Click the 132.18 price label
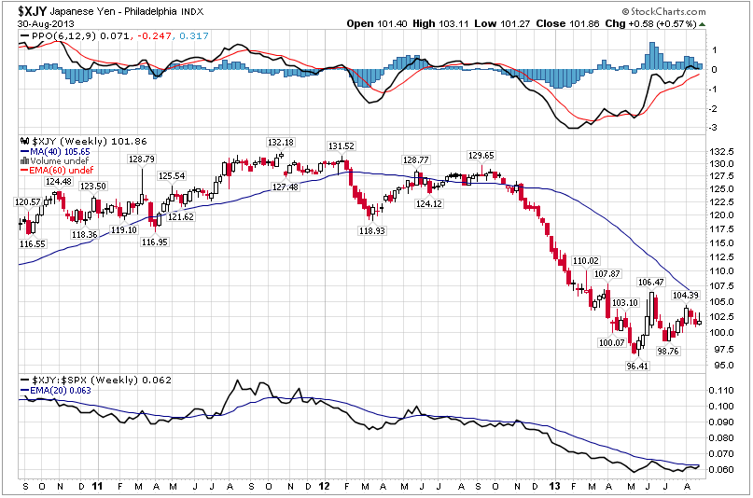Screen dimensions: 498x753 [281, 142]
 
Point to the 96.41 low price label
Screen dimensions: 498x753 [637, 367]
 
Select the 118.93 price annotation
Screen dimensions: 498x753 [372, 229]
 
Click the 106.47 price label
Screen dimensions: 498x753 [650, 282]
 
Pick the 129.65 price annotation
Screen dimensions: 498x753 [481, 155]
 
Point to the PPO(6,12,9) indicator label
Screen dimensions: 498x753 [49, 36]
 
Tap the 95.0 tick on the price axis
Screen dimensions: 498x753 [721, 365]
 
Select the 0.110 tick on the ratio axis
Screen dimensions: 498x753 [722, 406]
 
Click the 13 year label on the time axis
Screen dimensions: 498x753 [556, 487]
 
